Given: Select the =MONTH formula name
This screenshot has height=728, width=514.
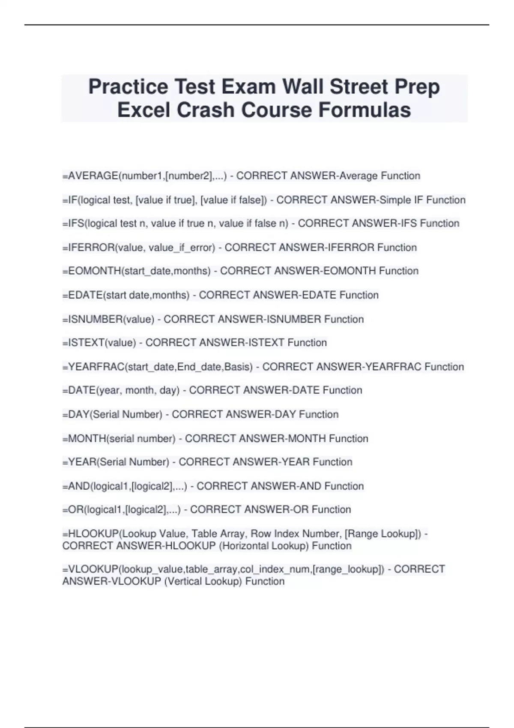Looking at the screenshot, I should pos(84,439).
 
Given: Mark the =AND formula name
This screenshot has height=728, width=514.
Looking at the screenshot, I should pos(76,486).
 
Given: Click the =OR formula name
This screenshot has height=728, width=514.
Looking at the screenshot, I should pos(73,510).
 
